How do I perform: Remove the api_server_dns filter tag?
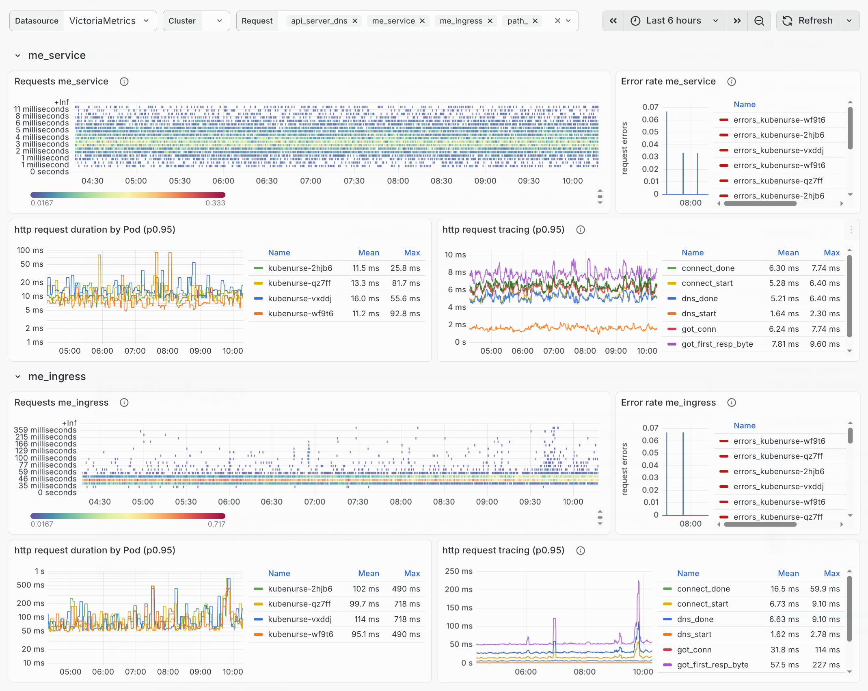pos(355,21)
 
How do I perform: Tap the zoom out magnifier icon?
pos(759,21)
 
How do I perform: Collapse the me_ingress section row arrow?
pos(18,377)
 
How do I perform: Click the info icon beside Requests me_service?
pos(124,82)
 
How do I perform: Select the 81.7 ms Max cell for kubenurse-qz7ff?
pos(406,283)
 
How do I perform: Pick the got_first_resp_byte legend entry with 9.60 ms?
pos(717,344)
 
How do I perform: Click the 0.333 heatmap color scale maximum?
pos(215,203)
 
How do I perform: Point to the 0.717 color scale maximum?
pos(216,524)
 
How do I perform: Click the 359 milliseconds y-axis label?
pos(45,430)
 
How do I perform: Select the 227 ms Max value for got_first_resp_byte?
pos(826,665)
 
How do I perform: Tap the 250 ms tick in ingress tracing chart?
pos(458,571)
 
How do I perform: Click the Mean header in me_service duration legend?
pos(368,253)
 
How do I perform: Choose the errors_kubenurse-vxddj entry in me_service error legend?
pos(778,151)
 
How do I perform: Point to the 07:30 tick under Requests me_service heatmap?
pos(354,181)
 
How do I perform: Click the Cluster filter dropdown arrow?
pos(219,21)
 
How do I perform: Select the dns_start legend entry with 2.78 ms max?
pos(694,635)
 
